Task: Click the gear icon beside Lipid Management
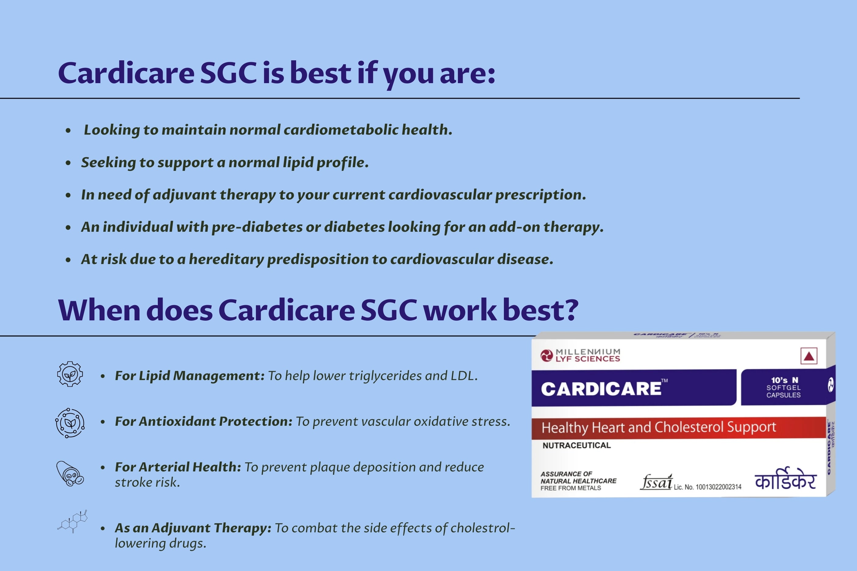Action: click(70, 374)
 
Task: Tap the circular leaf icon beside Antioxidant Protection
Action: click(70, 423)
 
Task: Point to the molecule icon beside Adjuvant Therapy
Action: click(73, 521)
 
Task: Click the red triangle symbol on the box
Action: click(809, 356)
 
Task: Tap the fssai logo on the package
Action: click(656, 482)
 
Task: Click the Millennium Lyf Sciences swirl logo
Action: click(546, 355)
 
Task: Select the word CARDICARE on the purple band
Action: click(601, 389)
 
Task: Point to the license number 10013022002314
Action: click(718, 487)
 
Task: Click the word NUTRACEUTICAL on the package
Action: click(576, 445)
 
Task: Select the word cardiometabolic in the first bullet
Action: click(341, 130)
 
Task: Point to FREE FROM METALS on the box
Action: click(571, 488)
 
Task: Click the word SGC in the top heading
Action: click(228, 73)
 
